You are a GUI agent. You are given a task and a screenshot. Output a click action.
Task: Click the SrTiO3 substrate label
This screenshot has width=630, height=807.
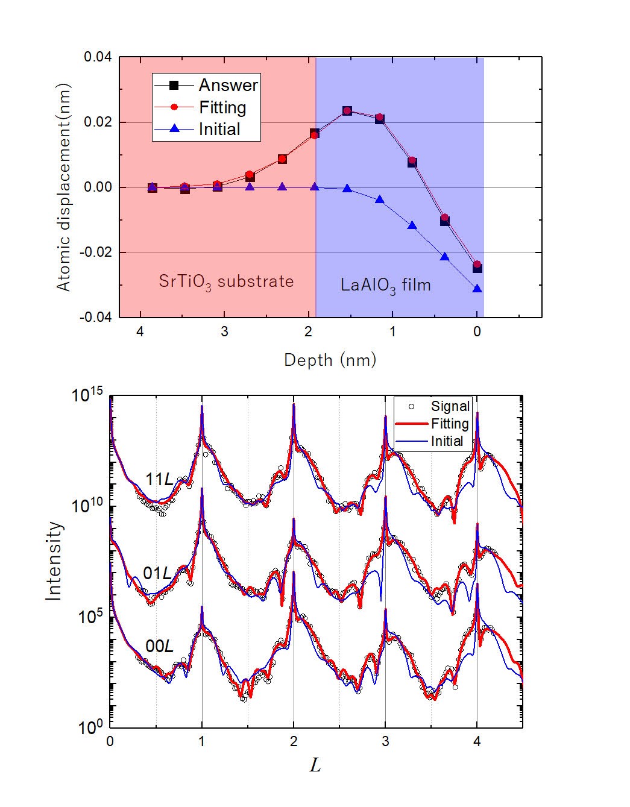coord(226,281)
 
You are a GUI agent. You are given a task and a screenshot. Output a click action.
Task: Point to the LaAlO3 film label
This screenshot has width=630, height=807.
coord(386,284)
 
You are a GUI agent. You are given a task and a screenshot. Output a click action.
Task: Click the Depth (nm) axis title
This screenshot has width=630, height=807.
coord(330,360)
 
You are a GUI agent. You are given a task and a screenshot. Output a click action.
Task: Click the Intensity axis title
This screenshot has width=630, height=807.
coord(55,561)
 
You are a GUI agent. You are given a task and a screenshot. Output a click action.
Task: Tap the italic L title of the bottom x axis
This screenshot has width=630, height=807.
coord(315,765)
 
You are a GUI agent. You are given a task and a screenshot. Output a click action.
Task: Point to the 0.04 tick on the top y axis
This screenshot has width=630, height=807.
coord(97,58)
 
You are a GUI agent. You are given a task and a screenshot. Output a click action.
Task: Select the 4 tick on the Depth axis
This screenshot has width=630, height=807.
coord(140,332)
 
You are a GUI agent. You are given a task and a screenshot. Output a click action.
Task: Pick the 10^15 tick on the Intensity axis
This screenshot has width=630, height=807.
coord(87,396)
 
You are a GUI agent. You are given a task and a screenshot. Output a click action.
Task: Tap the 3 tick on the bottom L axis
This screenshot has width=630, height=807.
coord(385,742)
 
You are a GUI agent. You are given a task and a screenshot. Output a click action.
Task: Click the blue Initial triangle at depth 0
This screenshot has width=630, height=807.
coord(477,289)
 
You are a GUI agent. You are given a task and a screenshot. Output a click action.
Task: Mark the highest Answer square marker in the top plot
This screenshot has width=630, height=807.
coord(347,111)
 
